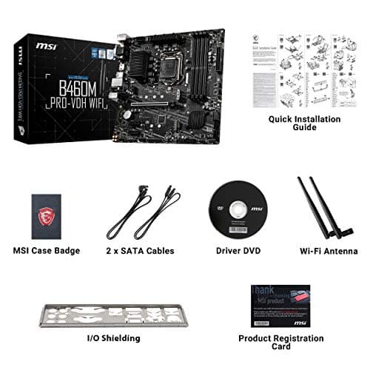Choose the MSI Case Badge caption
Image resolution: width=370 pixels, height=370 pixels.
coord(46,251)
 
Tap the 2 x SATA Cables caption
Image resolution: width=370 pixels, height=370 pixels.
coord(141,251)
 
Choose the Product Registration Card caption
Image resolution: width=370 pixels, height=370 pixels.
coord(280,343)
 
